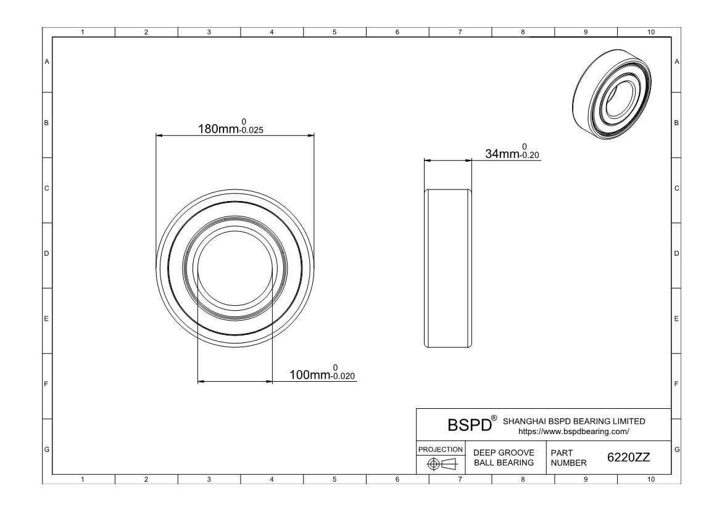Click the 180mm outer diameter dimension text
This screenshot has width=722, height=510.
click(x=217, y=130)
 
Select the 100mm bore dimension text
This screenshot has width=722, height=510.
click(x=311, y=375)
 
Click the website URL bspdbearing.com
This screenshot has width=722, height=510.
click(x=573, y=432)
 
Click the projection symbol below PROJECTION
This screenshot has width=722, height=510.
click(x=441, y=464)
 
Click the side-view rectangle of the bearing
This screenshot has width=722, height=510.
click(x=448, y=268)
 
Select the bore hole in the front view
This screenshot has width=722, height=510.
click(x=234, y=267)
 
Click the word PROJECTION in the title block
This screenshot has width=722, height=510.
click(x=441, y=449)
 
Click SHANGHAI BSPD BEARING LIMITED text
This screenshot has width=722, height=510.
click(x=575, y=421)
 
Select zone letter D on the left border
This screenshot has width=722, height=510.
click(x=46, y=253)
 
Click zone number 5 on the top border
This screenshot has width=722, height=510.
click(x=334, y=32)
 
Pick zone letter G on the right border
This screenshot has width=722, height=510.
click(x=677, y=449)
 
